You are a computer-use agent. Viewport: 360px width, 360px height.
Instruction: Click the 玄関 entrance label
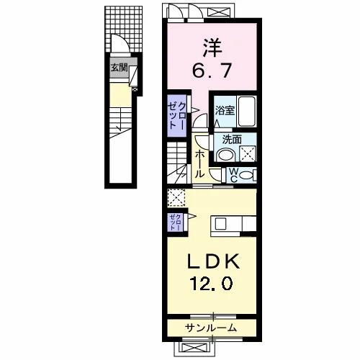click(x=119, y=68)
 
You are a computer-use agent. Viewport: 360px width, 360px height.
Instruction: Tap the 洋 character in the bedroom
click(x=212, y=48)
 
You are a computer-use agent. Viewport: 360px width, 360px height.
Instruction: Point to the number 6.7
click(x=212, y=70)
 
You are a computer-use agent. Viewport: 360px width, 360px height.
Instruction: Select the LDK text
click(x=213, y=261)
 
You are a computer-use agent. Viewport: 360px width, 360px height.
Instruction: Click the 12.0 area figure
click(x=211, y=283)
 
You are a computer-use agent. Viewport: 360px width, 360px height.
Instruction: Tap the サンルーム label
click(x=211, y=328)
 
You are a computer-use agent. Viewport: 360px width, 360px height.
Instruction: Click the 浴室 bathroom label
click(x=225, y=111)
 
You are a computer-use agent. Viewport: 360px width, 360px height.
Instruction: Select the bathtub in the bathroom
click(x=246, y=112)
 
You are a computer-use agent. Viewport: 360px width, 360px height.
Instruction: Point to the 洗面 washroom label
click(x=232, y=140)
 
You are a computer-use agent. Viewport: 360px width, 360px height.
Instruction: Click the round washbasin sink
click(x=225, y=155)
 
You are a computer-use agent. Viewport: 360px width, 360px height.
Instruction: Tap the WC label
click(x=233, y=174)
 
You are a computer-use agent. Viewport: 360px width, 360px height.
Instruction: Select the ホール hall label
click(x=199, y=164)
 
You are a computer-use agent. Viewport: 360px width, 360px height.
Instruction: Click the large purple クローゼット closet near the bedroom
click(x=177, y=116)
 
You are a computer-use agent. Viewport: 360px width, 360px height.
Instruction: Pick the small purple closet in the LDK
click(x=176, y=222)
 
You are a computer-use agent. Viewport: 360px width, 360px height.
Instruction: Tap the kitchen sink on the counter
click(x=220, y=225)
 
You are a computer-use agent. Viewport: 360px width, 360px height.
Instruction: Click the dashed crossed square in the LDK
click(x=176, y=197)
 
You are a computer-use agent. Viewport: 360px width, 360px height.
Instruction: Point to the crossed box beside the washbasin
click(x=248, y=153)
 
